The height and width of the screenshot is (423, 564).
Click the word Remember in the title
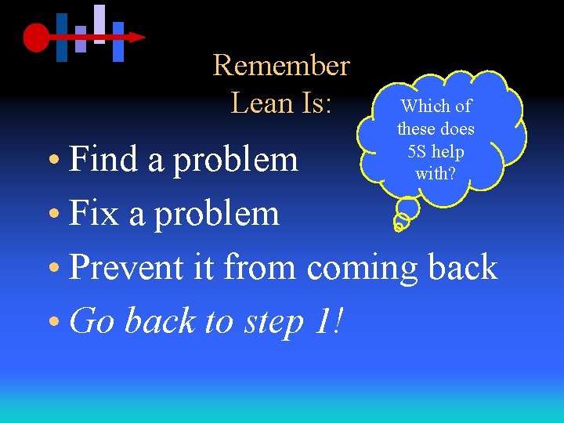pos(280,65)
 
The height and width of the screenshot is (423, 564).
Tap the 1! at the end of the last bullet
pos(328,320)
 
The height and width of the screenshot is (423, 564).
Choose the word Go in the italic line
pos(92,321)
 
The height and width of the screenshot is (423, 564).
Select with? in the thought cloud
pos(436,173)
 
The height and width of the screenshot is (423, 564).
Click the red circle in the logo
pos(36,37)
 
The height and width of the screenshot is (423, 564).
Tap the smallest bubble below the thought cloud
pos(399,226)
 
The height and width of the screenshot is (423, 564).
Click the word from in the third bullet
pos(259,267)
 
